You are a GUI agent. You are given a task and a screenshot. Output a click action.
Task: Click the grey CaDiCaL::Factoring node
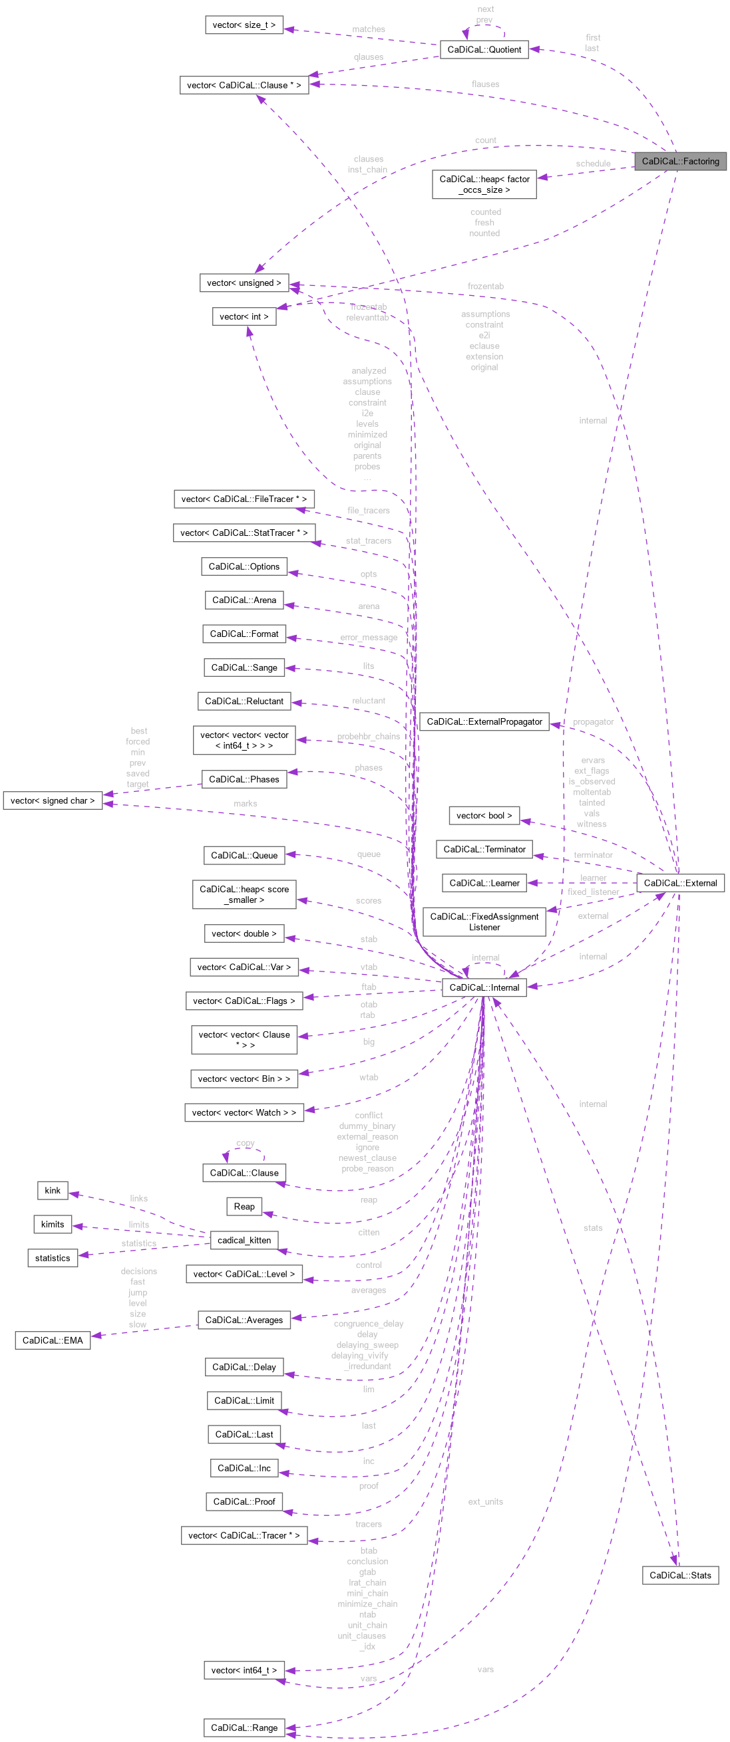(680, 161)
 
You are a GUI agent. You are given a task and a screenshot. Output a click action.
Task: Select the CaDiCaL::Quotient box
(484, 49)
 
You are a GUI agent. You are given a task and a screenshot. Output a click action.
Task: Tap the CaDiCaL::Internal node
(484, 987)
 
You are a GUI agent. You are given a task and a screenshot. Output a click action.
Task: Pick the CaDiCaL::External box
(680, 882)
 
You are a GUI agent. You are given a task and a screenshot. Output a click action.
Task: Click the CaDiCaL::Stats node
(680, 1575)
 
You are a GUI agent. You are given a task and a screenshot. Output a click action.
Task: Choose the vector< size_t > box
(244, 25)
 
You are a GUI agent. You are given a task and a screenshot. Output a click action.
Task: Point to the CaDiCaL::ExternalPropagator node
(484, 721)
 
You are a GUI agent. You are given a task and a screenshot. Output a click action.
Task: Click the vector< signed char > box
(52, 801)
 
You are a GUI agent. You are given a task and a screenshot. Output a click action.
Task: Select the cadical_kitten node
(244, 1240)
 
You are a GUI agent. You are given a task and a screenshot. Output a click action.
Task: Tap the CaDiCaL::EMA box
(52, 1340)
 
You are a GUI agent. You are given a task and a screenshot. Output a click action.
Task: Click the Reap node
(244, 1206)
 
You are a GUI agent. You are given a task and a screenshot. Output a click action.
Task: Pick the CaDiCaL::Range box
(244, 1727)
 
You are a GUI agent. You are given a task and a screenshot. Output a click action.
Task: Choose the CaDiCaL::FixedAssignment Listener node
(484, 922)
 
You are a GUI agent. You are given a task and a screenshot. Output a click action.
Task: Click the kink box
(52, 1190)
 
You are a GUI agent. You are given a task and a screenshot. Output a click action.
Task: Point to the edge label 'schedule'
(593, 164)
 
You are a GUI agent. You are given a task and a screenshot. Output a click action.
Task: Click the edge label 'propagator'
(593, 721)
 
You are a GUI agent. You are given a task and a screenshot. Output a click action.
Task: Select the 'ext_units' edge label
(485, 1501)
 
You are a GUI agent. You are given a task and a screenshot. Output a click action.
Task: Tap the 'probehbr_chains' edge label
(368, 737)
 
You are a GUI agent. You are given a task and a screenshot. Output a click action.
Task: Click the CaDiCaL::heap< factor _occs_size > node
(484, 184)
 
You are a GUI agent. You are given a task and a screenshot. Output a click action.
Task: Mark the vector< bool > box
(484, 816)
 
